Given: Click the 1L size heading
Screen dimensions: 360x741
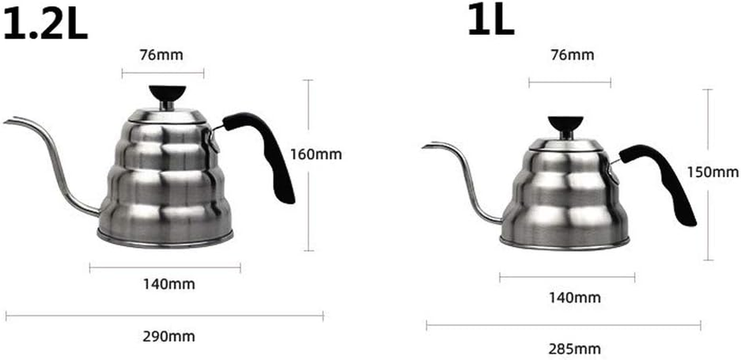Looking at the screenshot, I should click(x=490, y=21).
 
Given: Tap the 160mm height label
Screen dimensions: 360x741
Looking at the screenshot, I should click(x=316, y=154).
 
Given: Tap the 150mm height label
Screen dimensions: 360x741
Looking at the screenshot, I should click(x=713, y=172).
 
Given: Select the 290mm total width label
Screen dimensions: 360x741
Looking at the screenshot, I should click(x=169, y=336).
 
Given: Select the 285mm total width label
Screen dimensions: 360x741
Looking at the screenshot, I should click(x=575, y=349).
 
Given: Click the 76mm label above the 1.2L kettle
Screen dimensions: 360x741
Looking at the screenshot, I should click(x=162, y=55).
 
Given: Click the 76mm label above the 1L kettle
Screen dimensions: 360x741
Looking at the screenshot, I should click(x=572, y=55).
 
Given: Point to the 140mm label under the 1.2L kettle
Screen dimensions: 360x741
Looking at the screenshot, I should click(x=169, y=284).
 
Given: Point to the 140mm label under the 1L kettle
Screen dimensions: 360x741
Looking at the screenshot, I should click(x=575, y=297).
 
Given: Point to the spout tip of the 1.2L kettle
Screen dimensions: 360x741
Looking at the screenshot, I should click(x=7, y=121).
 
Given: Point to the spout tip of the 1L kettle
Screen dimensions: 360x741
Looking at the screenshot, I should click(x=425, y=147).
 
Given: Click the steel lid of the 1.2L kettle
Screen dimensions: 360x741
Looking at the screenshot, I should click(x=166, y=116).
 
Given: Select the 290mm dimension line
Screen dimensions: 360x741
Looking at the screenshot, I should click(x=165, y=316).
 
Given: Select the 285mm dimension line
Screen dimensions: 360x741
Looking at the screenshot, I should click(x=563, y=325).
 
